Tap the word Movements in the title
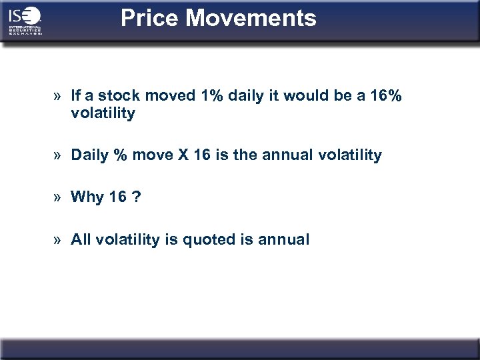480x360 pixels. click(251, 18)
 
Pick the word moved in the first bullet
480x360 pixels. click(171, 97)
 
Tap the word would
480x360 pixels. click(304, 97)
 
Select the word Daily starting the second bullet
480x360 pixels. click(89, 155)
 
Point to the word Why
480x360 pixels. click(87, 197)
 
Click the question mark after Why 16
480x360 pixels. click(136, 197)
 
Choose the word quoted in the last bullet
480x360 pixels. click(215, 239)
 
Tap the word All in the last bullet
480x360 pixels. click(81, 239)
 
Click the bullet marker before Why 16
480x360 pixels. click(59, 197)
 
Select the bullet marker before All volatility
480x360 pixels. click(59, 240)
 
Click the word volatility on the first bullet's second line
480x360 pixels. click(103, 114)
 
